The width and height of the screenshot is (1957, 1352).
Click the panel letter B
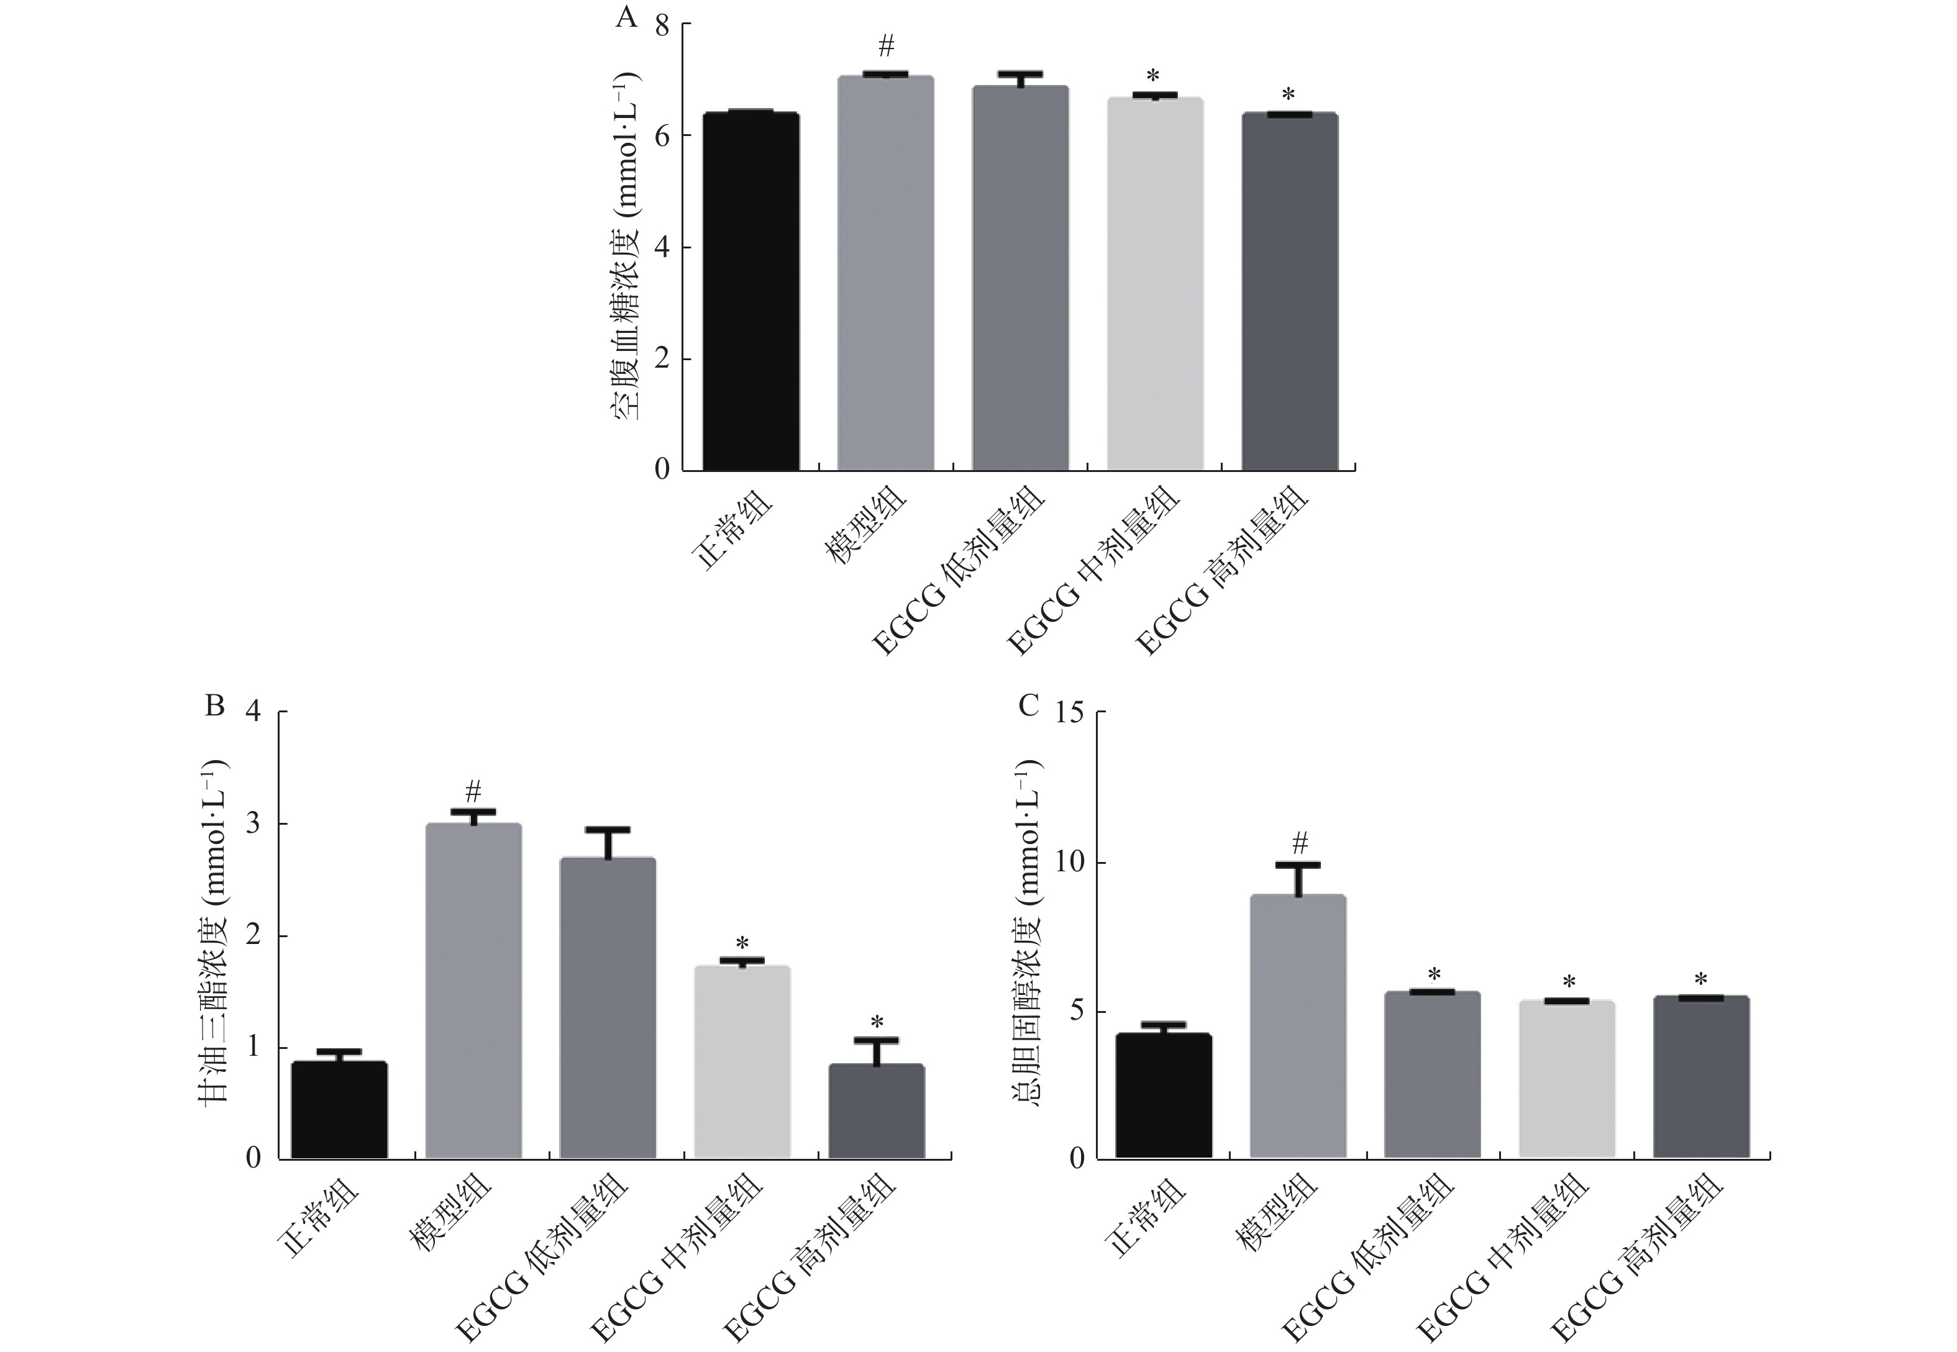tap(215, 705)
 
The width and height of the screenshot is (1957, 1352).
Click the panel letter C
tap(1028, 705)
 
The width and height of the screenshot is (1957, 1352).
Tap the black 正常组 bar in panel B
tap(339, 1110)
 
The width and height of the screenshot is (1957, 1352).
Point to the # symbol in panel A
tap(886, 46)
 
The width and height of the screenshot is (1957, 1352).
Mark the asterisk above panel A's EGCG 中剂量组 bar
tap(1153, 77)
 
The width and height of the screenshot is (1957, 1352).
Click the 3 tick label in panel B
tap(254, 824)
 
